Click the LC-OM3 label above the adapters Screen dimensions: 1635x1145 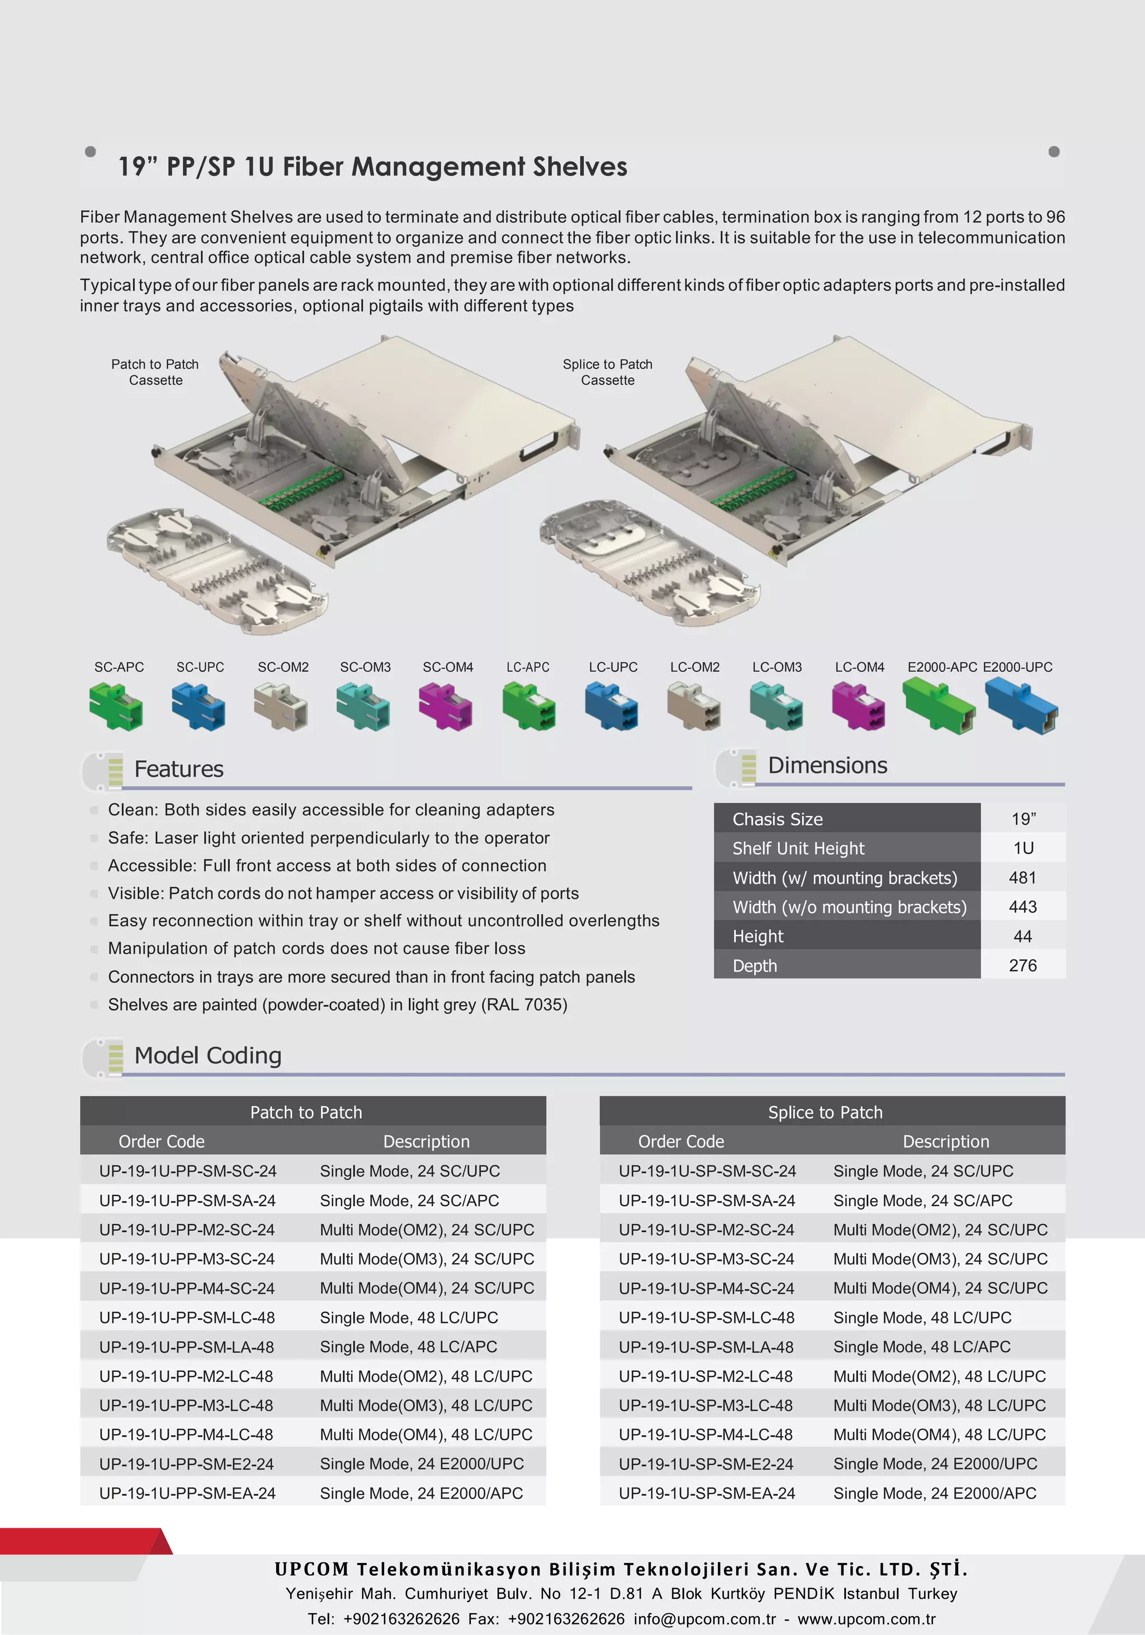pos(777,667)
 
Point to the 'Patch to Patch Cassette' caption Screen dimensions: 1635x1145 pos(155,372)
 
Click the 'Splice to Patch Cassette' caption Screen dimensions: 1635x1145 pos(607,372)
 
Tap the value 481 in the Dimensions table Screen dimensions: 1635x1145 pos(1023,878)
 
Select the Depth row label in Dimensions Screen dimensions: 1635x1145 pos(755,965)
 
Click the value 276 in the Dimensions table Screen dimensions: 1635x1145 pos(1023,965)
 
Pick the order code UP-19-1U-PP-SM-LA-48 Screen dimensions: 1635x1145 pos(187,1347)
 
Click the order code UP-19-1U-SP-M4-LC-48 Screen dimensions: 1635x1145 pos(706,1434)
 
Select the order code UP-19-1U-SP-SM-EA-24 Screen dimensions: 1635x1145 pos(707,1492)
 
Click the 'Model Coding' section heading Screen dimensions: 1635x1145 pos(208,1055)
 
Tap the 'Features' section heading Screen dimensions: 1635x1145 pos(179,769)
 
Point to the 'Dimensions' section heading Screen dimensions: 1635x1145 pos(827,766)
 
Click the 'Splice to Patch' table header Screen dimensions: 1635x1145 pos(825,1112)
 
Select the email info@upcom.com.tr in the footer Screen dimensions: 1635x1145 pos(704,1619)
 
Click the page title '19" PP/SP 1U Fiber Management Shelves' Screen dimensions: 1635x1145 pos(372,167)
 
